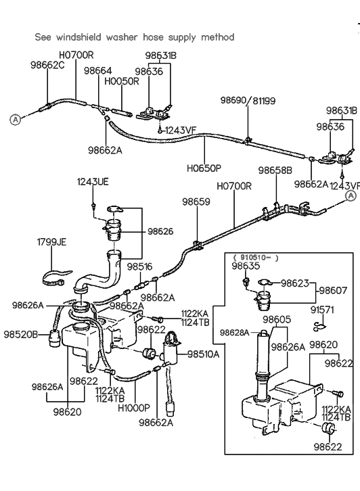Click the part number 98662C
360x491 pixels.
point(47,65)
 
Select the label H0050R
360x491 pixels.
point(122,81)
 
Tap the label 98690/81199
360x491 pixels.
point(248,101)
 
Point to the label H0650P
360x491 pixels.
point(204,168)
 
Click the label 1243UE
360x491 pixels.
point(93,182)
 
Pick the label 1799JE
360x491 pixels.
point(51,242)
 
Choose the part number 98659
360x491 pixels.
point(196,202)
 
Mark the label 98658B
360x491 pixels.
point(275,170)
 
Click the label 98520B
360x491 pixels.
point(21,334)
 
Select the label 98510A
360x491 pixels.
point(203,354)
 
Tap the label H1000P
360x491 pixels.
point(134,408)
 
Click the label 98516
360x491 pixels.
point(140,266)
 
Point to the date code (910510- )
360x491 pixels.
point(256,258)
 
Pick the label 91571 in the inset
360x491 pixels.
point(322,310)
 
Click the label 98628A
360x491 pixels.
point(234,333)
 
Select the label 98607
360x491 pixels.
point(334,291)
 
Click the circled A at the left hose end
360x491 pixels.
point(15,119)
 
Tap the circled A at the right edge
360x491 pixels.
point(351,195)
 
